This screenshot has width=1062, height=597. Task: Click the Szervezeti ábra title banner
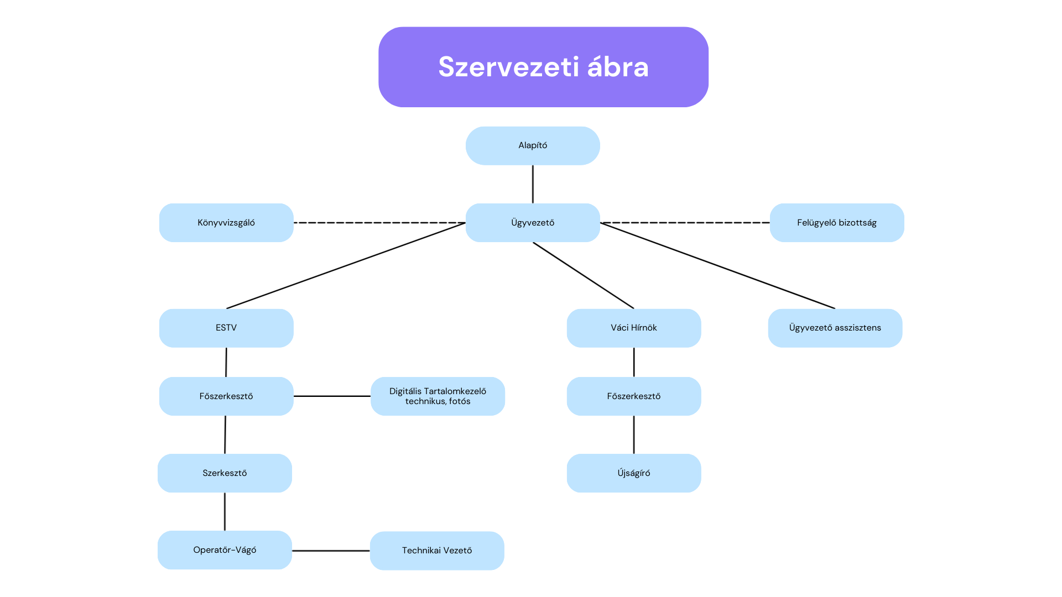click(543, 67)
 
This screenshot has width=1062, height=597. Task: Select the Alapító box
click(533, 145)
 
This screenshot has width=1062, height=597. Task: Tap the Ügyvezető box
click(533, 223)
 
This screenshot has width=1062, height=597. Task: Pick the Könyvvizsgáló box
click(226, 223)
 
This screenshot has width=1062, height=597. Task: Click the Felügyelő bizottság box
click(837, 223)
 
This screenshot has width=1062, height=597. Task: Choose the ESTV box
click(226, 328)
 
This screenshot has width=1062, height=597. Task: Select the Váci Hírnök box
click(634, 328)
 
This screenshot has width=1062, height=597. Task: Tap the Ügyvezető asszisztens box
click(835, 328)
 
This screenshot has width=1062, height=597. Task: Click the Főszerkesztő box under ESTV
click(226, 396)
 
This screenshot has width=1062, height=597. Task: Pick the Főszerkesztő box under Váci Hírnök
click(634, 396)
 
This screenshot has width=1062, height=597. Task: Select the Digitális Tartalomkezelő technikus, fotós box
click(438, 396)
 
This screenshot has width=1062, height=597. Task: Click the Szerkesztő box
click(225, 473)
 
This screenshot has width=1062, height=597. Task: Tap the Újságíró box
click(634, 473)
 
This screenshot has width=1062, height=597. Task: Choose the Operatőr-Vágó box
click(225, 550)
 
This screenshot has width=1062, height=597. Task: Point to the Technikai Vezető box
click(437, 551)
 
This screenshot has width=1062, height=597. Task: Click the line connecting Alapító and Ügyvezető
click(533, 184)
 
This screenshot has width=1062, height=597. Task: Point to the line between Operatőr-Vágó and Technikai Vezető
click(331, 551)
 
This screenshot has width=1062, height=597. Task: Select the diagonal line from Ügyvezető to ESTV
click(346, 266)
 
